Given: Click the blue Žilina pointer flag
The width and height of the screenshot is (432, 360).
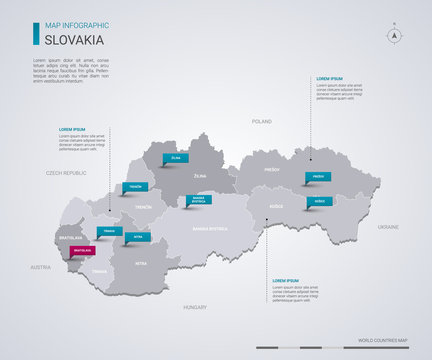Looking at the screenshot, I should (x=177, y=157).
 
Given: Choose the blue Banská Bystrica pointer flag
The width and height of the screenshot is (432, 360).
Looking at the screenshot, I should (x=197, y=199).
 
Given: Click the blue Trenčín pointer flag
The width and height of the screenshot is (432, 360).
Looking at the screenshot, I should (x=137, y=187).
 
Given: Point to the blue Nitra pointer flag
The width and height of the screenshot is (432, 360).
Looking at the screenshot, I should (x=138, y=237).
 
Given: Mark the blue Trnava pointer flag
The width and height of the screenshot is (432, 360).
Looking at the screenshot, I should (x=111, y=231).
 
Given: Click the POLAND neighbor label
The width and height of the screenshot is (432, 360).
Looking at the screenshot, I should (x=261, y=121).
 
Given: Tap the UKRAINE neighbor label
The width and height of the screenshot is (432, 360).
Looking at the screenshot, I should (x=387, y=227).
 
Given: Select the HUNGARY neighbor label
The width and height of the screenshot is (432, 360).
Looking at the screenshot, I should (x=194, y=308).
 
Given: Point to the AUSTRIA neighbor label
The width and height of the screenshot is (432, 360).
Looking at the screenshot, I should (x=40, y=267).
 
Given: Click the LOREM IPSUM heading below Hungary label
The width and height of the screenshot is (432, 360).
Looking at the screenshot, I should (x=286, y=281).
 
